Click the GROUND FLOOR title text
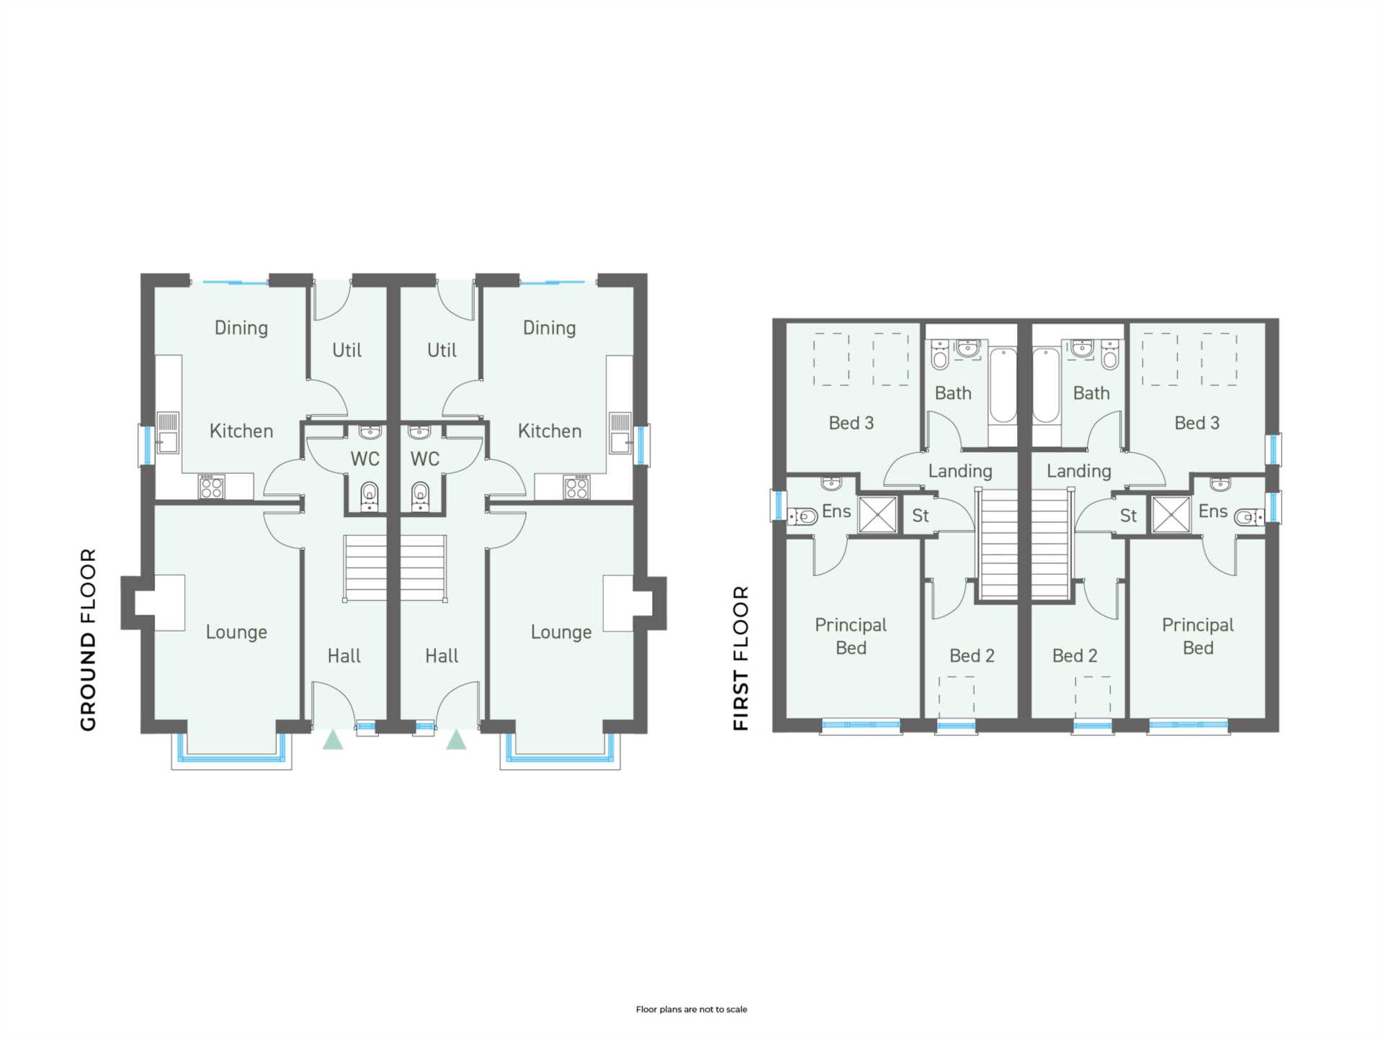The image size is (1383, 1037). click(x=88, y=639)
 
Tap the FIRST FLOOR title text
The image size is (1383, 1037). click(x=741, y=658)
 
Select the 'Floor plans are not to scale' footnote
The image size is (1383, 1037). click(x=691, y=1010)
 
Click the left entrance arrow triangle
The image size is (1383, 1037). click(x=333, y=740)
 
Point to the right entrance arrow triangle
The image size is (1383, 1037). click(x=456, y=740)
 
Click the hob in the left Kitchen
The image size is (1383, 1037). click(x=212, y=487)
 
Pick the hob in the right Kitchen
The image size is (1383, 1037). click(x=577, y=487)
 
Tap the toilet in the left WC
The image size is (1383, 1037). click(x=369, y=496)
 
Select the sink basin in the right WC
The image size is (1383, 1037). click(x=419, y=432)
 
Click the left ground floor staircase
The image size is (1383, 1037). click(x=365, y=568)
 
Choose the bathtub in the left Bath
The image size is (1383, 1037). click(x=1003, y=386)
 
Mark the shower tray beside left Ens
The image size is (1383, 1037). click(x=878, y=515)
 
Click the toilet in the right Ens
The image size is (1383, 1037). click(x=1249, y=516)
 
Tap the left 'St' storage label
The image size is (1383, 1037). click(x=921, y=516)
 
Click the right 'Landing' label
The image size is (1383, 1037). click(x=1078, y=471)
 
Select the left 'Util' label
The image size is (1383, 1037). click(x=346, y=350)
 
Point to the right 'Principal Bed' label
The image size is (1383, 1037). click(x=1198, y=637)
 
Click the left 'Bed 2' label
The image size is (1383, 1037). click(x=972, y=655)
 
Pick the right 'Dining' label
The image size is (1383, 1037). click(x=550, y=328)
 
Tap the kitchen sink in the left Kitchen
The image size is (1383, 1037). click(x=168, y=432)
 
